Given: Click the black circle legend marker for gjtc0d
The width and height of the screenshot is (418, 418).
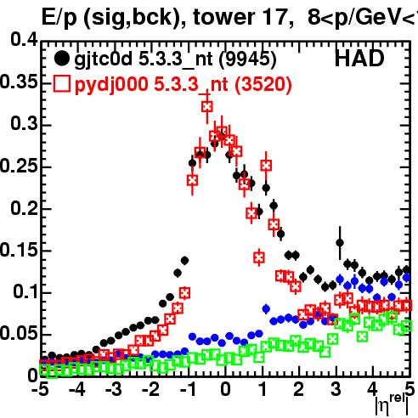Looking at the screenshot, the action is pos(62,59).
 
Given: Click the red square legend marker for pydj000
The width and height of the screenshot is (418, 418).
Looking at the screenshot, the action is pos(62,84).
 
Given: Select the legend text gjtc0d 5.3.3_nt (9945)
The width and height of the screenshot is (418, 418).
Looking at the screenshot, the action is pos(175,59).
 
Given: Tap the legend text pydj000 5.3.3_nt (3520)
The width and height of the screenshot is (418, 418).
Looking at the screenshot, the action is pos(184,84).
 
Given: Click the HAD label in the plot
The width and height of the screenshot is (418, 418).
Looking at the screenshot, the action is pos(359,59).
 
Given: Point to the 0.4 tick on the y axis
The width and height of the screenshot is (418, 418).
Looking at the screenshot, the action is pos(24,40).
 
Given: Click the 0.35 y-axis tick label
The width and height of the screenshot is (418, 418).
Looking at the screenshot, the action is pos(19,82).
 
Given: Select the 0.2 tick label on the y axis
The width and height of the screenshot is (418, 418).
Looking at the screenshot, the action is pos(24,208).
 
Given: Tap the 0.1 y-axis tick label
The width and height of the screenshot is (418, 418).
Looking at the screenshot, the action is pos(25,291).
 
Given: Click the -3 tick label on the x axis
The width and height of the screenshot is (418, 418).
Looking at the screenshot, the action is pos(114,389).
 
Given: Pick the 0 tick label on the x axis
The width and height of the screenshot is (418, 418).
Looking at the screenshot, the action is pos(225,389).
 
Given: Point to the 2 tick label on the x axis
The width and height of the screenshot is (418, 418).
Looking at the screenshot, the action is pos(299,389).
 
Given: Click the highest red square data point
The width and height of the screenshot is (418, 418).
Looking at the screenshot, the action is pos(207,107).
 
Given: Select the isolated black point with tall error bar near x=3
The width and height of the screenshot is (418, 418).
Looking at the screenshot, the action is pos(340,243).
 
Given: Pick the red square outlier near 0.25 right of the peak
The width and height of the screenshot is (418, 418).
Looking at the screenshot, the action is pos(266,166).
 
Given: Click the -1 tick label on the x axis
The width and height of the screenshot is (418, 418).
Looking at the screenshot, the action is pos(188,389).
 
